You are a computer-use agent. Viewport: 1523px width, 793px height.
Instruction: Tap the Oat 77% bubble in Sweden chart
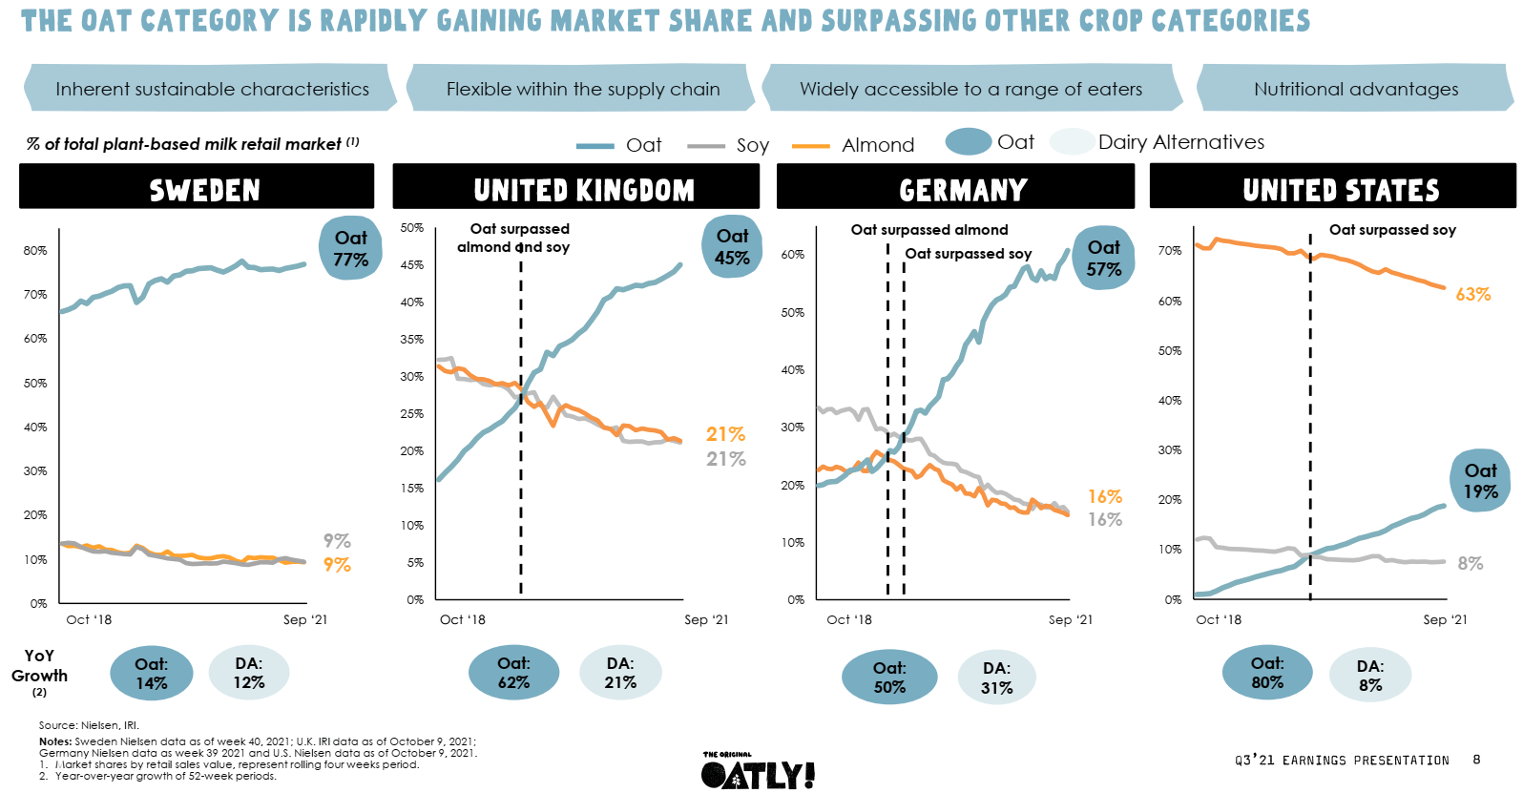(x=350, y=248)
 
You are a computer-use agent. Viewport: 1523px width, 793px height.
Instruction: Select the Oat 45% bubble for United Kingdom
(x=732, y=246)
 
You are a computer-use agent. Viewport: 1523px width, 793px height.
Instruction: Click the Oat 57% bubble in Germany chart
(x=1103, y=259)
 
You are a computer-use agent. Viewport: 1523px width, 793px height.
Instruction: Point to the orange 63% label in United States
(x=1472, y=295)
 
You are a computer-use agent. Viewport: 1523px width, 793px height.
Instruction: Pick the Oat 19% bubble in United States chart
(x=1480, y=481)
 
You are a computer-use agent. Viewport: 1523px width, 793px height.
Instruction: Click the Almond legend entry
(x=877, y=145)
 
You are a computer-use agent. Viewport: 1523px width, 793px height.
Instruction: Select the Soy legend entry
(x=751, y=145)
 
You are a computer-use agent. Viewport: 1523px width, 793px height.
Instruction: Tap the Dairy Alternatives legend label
(x=1180, y=142)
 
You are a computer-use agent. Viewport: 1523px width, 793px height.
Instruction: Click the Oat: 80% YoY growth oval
(x=1266, y=673)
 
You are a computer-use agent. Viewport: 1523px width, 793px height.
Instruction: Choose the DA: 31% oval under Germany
(x=996, y=678)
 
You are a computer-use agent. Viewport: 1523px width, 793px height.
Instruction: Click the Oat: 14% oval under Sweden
(x=151, y=674)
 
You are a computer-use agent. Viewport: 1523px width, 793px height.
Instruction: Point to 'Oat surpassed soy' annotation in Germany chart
(x=968, y=254)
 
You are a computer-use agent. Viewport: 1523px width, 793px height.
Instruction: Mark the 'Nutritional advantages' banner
(x=1355, y=89)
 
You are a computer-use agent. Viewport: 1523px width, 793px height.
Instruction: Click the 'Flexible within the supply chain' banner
(x=582, y=89)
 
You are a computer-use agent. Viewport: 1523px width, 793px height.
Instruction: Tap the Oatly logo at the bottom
(x=758, y=772)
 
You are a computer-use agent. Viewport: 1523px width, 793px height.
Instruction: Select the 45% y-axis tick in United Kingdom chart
(x=411, y=265)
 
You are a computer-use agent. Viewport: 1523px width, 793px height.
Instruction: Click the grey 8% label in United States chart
(x=1470, y=564)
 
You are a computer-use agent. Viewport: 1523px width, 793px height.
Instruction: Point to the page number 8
(x=1476, y=760)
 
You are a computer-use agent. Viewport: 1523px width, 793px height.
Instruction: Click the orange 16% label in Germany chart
(x=1104, y=497)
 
